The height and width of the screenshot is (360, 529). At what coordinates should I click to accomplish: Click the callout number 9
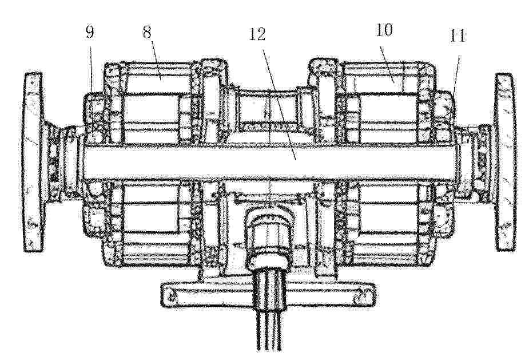[89, 32]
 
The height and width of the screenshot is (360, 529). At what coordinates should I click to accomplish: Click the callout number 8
[147, 32]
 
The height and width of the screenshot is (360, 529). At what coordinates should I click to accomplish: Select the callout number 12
[257, 34]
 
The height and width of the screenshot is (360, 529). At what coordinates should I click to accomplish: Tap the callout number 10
[384, 30]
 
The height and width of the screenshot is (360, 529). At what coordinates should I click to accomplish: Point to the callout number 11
[457, 35]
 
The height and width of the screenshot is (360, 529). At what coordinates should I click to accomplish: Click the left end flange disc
[34, 162]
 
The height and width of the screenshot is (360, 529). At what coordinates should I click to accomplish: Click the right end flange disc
[505, 162]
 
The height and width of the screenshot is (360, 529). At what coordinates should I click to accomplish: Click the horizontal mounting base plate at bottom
[268, 295]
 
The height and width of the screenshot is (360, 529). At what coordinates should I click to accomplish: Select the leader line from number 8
[155, 60]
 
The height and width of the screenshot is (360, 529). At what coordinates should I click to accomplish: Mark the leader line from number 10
[387, 61]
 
